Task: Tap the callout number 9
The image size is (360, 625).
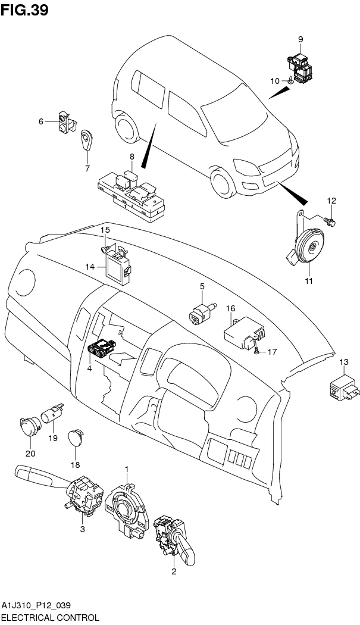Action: click(x=300, y=39)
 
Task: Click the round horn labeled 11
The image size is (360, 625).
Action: click(x=310, y=249)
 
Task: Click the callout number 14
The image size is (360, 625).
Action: click(x=90, y=267)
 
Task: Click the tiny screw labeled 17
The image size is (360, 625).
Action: click(x=256, y=352)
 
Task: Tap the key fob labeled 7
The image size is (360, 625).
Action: click(x=89, y=140)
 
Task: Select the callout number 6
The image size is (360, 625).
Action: click(x=41, y=121)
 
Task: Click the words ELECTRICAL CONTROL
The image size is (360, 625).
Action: click(x=49, y=618)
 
